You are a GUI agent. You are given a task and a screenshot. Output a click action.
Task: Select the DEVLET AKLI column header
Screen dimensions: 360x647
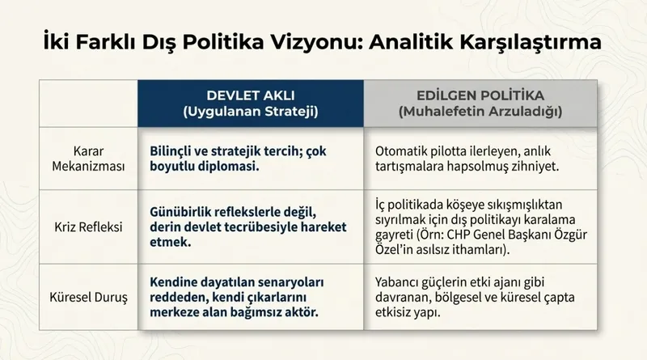250,93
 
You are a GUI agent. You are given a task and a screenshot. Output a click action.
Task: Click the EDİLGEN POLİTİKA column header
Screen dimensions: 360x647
480,93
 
